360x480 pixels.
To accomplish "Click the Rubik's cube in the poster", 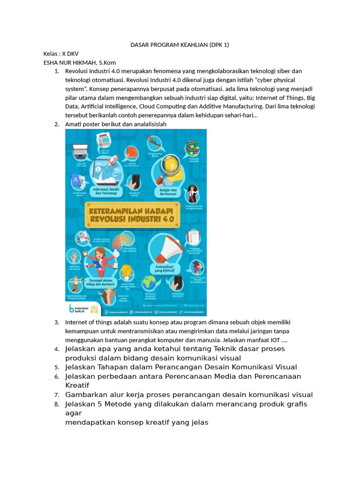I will coord(192,149).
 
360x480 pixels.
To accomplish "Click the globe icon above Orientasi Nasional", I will coord(150,283).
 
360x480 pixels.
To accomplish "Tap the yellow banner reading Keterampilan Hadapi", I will coord(135,215).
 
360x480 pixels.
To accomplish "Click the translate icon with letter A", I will coord(76,180).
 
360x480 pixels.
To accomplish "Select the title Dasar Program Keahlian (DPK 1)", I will coord(180,45).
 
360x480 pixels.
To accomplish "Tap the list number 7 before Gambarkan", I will coord(56,395).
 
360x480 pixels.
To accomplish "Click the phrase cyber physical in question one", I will coord(276,80).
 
